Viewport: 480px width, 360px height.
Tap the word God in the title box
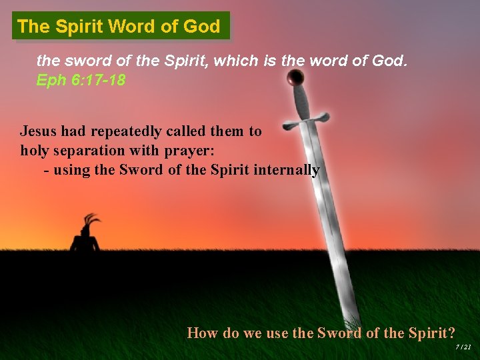204,27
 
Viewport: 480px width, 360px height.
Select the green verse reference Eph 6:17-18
79,81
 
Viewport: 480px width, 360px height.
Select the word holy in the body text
35,151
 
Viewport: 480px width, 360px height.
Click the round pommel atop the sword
294,79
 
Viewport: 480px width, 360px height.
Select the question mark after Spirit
451,333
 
